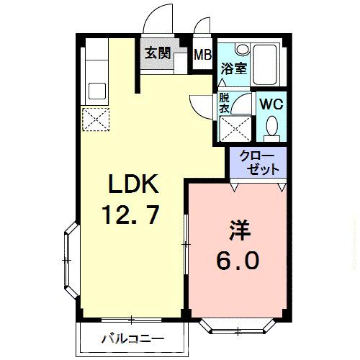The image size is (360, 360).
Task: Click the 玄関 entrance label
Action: [158, 53]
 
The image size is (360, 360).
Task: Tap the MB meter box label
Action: [203, 53]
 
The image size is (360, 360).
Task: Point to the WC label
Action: [272, 102]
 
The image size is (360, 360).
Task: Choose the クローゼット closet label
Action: [256, 163]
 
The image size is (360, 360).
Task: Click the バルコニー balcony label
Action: [132, 338]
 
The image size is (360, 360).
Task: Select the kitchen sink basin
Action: [96, 91]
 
